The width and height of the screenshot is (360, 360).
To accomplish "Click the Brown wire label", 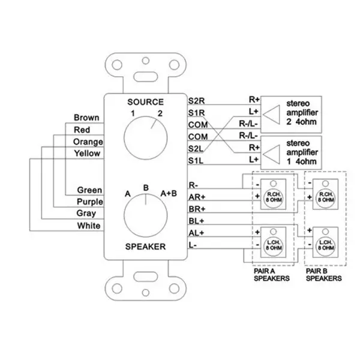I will [x=86, y=118].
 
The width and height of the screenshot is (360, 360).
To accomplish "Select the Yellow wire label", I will [x=86, y=154].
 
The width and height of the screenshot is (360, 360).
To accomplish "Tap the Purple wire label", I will [x=89, y=202].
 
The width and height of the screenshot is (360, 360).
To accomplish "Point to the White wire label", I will [x=89, y=226].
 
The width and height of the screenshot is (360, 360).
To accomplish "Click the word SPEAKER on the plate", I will [x=144, y=247].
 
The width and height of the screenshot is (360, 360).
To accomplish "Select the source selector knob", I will [x=145, y=132].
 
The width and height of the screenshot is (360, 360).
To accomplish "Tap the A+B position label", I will [x=169, y=193].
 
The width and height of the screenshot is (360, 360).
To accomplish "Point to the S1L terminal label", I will [x=196, y=160].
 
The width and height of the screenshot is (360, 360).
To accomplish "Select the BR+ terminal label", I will [x=197, y=208].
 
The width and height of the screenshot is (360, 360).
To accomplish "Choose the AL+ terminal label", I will [x=197, y=233].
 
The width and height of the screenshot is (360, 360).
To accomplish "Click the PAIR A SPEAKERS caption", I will [x=270, y=275].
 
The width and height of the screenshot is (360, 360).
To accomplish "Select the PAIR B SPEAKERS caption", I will [x=323, y=275].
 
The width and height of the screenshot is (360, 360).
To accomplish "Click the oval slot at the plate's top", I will [x=144, y=77].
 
